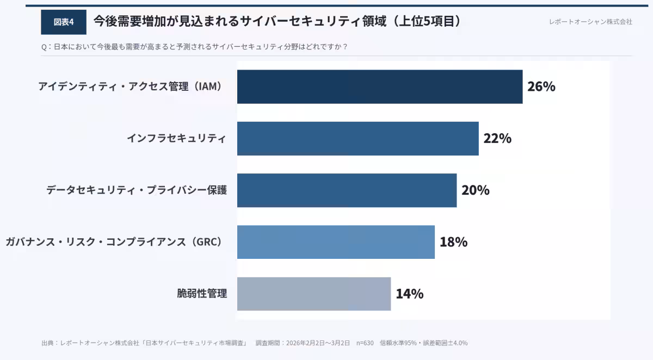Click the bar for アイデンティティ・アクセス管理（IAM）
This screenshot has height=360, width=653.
(379, 86)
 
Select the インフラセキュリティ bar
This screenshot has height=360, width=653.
(358, 138)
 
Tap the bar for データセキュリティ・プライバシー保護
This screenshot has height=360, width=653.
(347, 190)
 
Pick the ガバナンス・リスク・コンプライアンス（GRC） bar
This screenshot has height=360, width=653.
(336, 242)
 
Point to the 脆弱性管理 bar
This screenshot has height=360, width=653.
(313, 294)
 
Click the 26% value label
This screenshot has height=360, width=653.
(541, 86)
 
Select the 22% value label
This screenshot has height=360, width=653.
(497, 138)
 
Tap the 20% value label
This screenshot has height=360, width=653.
(475, 190)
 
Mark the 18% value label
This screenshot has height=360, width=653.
(453, 242)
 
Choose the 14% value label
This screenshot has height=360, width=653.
(409, 294)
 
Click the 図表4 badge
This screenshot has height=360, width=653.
(63, 22)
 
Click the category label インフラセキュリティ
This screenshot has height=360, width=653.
(176, 138)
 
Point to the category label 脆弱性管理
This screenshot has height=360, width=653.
(202, 294)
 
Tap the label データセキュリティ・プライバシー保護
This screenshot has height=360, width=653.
(136, 190)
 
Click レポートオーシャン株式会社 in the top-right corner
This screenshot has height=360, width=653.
(590, 22)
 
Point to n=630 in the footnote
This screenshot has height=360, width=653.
(365, 343)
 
